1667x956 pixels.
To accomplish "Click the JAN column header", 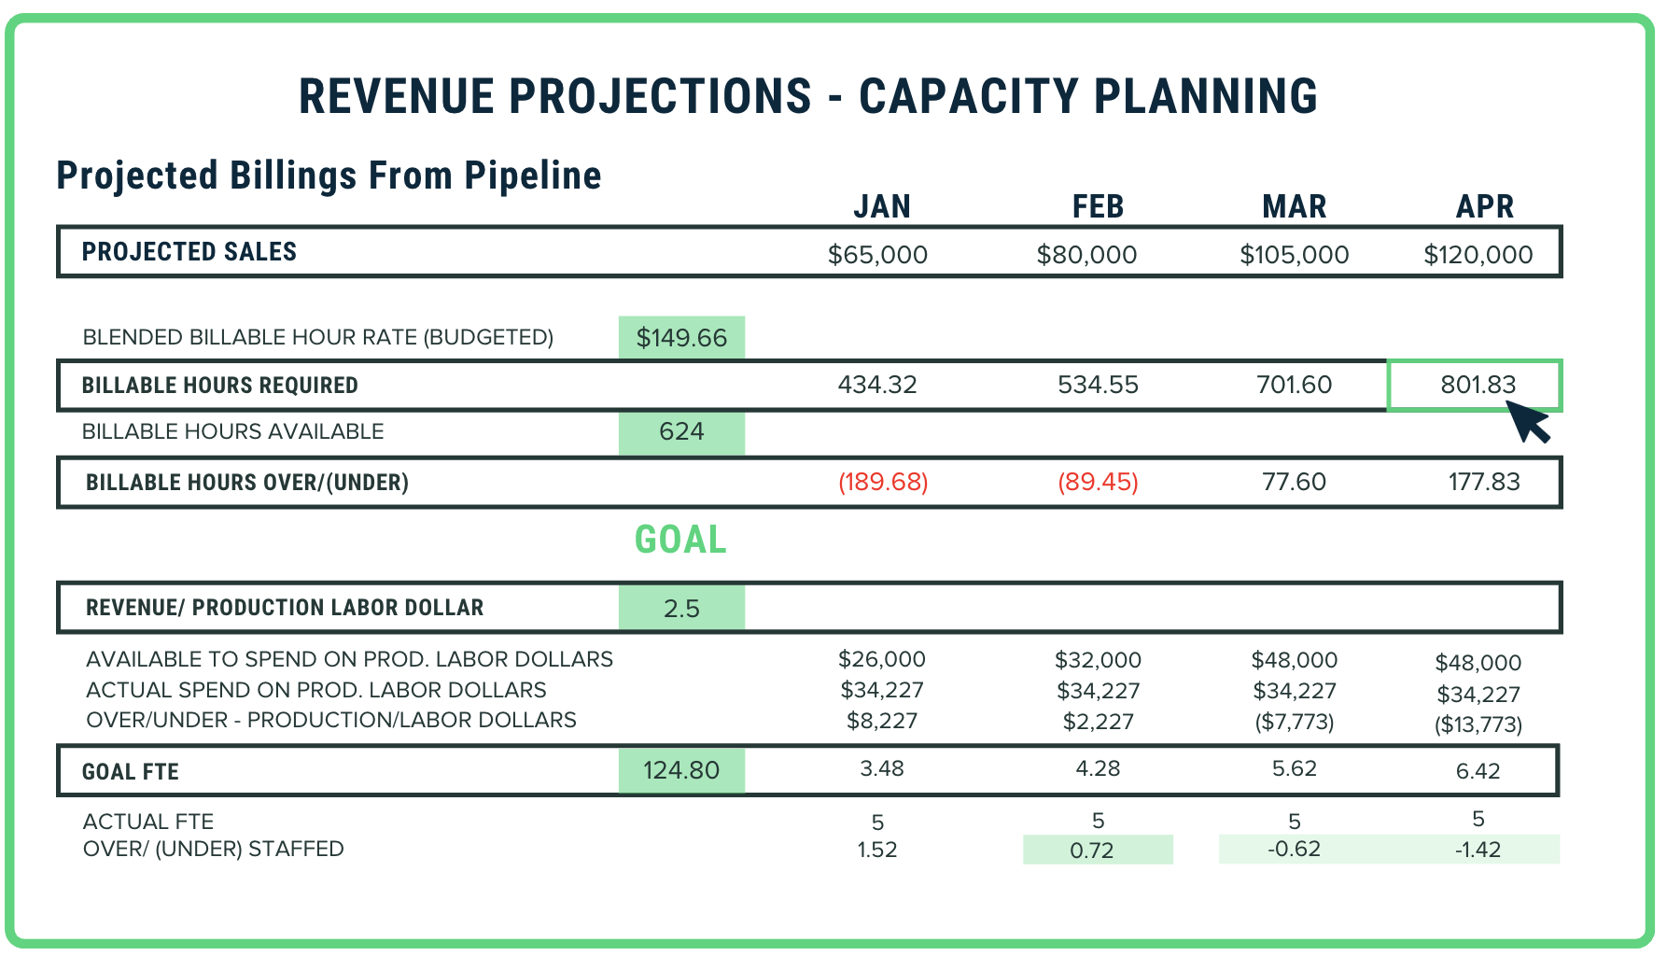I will tap(881, 206).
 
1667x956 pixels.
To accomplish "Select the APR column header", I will tap(1484, 206).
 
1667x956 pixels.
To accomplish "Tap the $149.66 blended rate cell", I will tap(681, 338).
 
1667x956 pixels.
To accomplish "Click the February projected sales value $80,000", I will tap(1086, 255).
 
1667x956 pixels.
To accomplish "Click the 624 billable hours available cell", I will tap(681, 431).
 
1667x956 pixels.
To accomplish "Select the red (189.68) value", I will tap(883, 482).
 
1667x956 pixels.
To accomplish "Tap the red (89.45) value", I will tap(1098, 482).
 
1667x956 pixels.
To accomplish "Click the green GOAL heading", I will tap(680, 540).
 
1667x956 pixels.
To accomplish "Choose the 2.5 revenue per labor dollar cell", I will tap(681, 609).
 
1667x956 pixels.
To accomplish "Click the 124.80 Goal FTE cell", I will tap(681, 770).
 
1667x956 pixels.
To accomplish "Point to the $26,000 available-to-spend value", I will tap(881, 659).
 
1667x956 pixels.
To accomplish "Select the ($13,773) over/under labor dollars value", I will tap(1478, 724).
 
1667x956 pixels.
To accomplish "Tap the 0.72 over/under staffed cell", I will tap(1097, 850).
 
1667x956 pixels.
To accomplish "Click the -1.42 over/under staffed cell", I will tap(1478, 850).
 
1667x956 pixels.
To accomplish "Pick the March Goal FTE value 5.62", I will tap(1294, 768).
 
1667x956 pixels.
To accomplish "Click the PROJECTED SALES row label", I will tap(189, 252).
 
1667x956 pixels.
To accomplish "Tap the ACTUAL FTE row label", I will tap(148, 822).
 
